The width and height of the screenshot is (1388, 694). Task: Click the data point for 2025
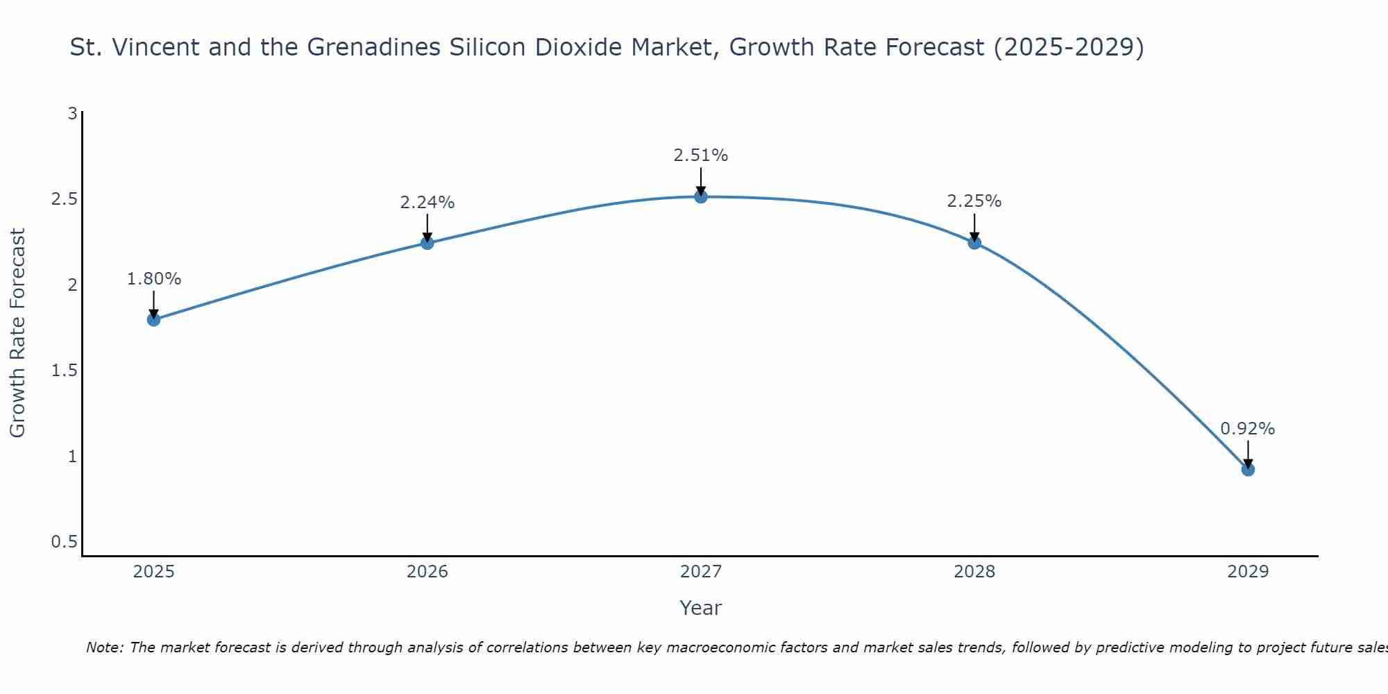(153, 320)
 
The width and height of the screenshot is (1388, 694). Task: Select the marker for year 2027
(701, 197)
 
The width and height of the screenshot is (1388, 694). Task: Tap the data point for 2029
(1248, 470)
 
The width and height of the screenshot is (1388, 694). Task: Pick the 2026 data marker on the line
(428, 243)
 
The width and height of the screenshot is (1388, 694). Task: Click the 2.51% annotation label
(701, 155)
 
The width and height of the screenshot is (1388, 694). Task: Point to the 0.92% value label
(1248, 429)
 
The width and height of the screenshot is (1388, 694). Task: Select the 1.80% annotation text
(153, 279)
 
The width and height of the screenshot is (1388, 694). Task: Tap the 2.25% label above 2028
(974, 201)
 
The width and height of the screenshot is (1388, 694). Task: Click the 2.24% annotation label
(428, 203)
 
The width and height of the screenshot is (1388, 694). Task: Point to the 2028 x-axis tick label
(974, 572)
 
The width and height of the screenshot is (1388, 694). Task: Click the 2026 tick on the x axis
(428, 572)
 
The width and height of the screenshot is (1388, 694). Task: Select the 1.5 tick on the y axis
(64, 371)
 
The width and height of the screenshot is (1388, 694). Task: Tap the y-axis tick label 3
(72, 113)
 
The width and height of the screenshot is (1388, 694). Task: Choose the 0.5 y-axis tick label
(64, 542)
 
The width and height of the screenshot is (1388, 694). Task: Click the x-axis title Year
(701, 608)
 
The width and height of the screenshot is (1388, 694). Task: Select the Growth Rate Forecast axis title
(17, 333)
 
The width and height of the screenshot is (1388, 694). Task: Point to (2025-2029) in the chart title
(1069, 47)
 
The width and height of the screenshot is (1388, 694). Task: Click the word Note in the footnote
(104, 648)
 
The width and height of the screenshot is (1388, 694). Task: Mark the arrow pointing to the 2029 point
(1248, 455)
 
